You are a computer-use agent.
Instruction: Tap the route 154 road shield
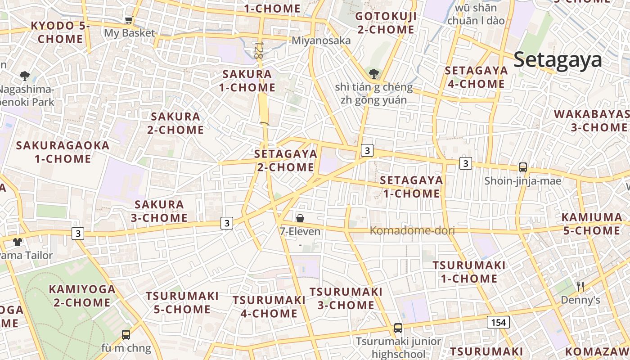(498, 322)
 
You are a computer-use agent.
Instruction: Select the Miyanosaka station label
(321, 40)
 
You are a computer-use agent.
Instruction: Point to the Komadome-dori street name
(412, 231)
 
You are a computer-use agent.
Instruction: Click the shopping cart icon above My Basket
(129, 20)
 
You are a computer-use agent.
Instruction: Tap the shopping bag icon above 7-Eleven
(300, 218)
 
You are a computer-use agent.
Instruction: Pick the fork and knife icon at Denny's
(580, 286)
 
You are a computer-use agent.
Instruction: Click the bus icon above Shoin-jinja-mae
(523, 167)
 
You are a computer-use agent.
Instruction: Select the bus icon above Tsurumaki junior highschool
(398, 328)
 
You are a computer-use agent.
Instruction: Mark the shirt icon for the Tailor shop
(18, 242)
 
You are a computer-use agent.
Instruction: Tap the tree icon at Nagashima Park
(25, 76)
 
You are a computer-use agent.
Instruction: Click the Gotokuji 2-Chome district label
(385, 23)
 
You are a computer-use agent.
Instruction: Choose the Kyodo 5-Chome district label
(60, 32)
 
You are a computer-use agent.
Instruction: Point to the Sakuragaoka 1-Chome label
(63, 152)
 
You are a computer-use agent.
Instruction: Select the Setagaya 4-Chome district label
(476, 77)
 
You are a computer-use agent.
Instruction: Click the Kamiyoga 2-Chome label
(82, 296)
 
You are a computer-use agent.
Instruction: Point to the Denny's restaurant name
(580, 300)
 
